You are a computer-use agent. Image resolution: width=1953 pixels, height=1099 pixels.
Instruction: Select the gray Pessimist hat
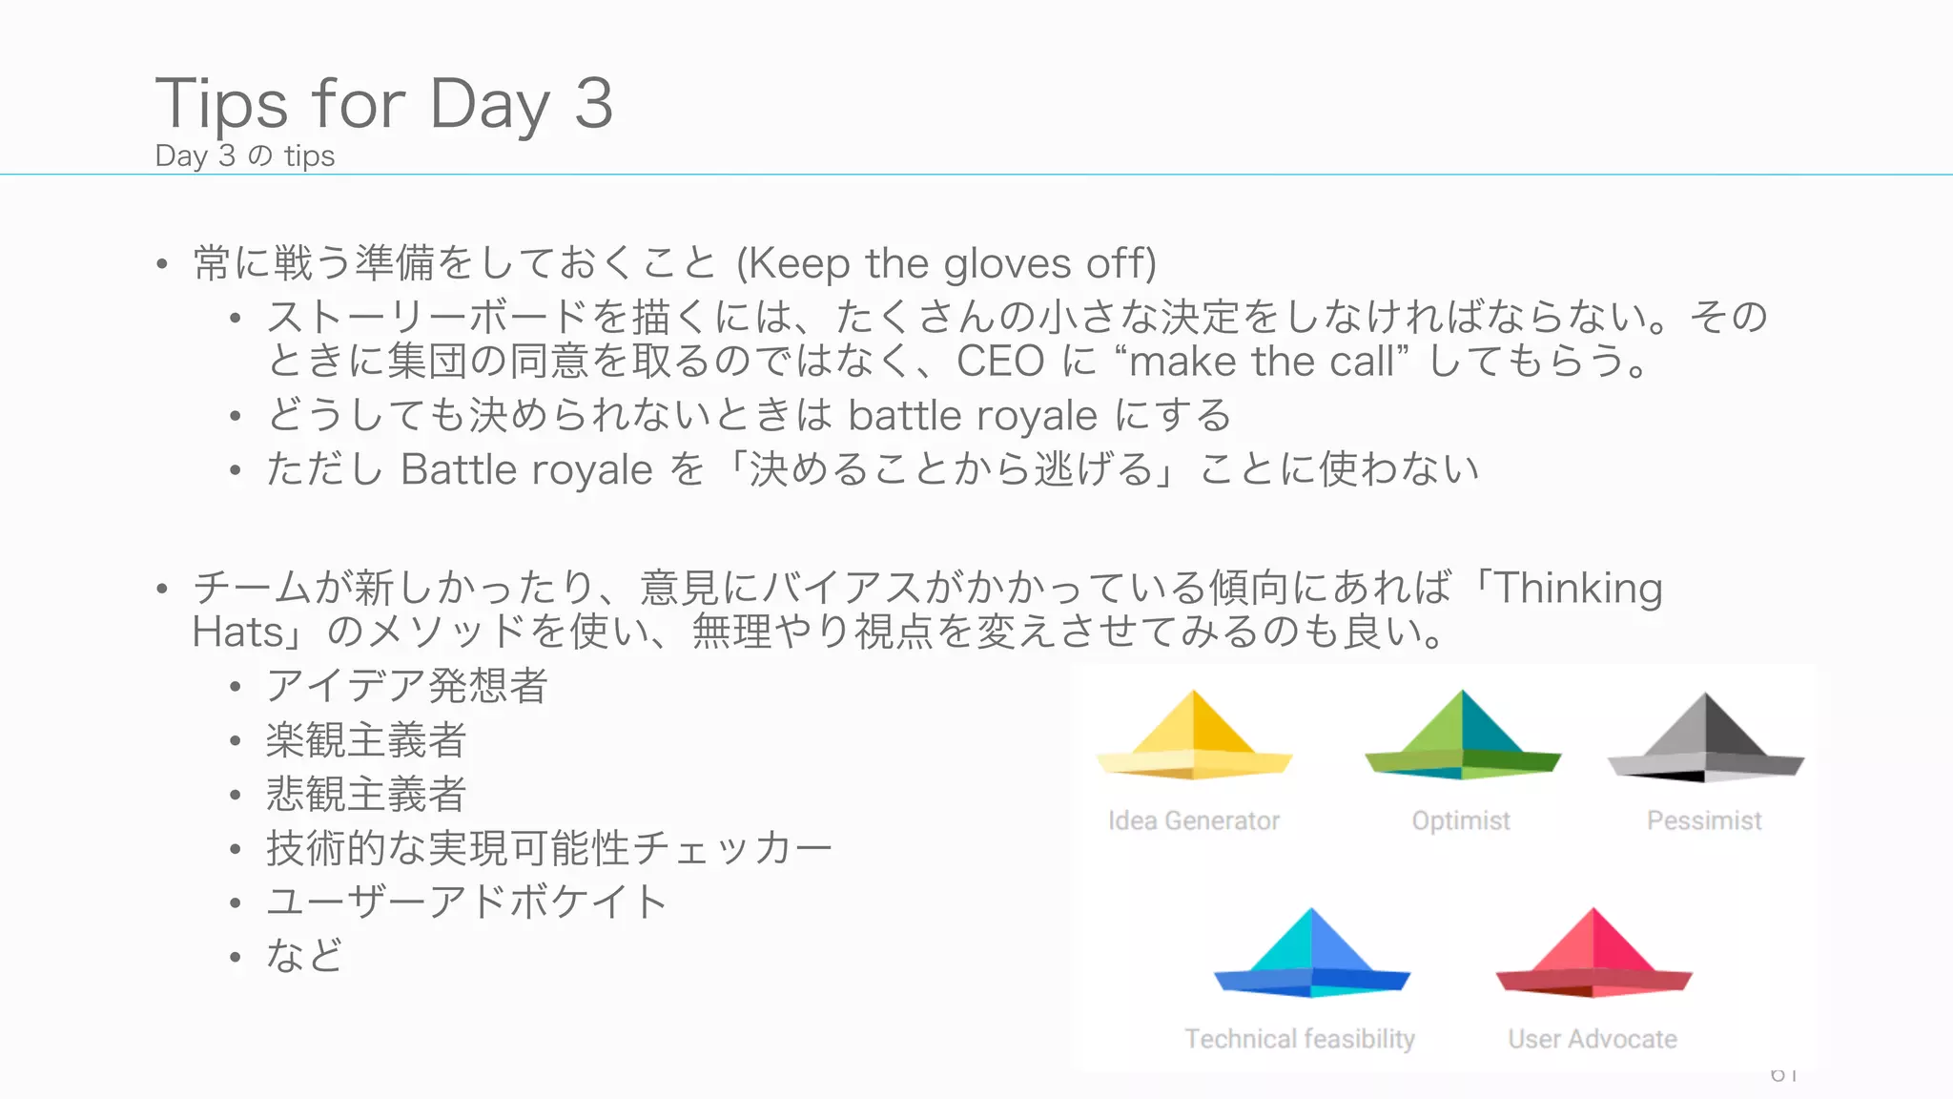pyautogui.click(x=1706, y=739)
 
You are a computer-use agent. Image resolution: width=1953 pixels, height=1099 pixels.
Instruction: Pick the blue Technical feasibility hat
pyautogui.click(x=1311, y=955)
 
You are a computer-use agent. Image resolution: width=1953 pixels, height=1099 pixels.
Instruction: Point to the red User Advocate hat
pyautogui.click(x=1593, y=955)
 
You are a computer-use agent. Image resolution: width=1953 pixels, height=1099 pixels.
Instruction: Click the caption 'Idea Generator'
pyautogui.click(x=1194, y=820)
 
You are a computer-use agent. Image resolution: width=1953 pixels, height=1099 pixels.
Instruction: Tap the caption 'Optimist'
pyautogui.click(x=1461, y=820)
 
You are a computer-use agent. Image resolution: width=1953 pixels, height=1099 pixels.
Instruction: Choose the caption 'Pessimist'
pyautogui.click(x=1704, y=820)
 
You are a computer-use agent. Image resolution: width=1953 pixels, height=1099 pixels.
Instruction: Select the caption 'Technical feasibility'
pyautogui.click(x=1300, y=1039)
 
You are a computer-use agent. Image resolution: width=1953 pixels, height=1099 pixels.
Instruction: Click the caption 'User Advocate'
pyautogui.click(x=1593, y=1039)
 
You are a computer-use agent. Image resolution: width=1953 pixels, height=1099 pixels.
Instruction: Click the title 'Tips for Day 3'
pyautogui.click(x=384, y=103)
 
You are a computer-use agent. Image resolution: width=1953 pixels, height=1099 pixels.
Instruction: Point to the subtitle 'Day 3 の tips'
pyautogui.click(x=245, y=156)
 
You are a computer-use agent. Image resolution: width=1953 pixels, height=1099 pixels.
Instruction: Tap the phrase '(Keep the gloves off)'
pyautogui.click(x=946, y=263)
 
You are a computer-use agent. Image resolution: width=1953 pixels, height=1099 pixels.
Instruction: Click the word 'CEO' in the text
pyautogui.click(x=1000, y=362)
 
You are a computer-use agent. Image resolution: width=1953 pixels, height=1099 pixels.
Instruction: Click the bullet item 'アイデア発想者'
pyautogui.click(x=407, y=686)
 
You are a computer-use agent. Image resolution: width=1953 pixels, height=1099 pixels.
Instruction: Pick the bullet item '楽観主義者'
pyautogui.click(x=366, y=740)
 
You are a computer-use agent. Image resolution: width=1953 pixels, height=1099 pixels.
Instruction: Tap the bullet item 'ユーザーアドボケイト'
pyautogui.click(x=466, y=902)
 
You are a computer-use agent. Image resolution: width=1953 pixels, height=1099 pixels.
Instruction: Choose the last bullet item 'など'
pyautogui.click(x=304, y=956)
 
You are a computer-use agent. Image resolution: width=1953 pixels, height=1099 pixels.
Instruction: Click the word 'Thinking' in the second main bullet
pyautogui.click(x=1578, y=588)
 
